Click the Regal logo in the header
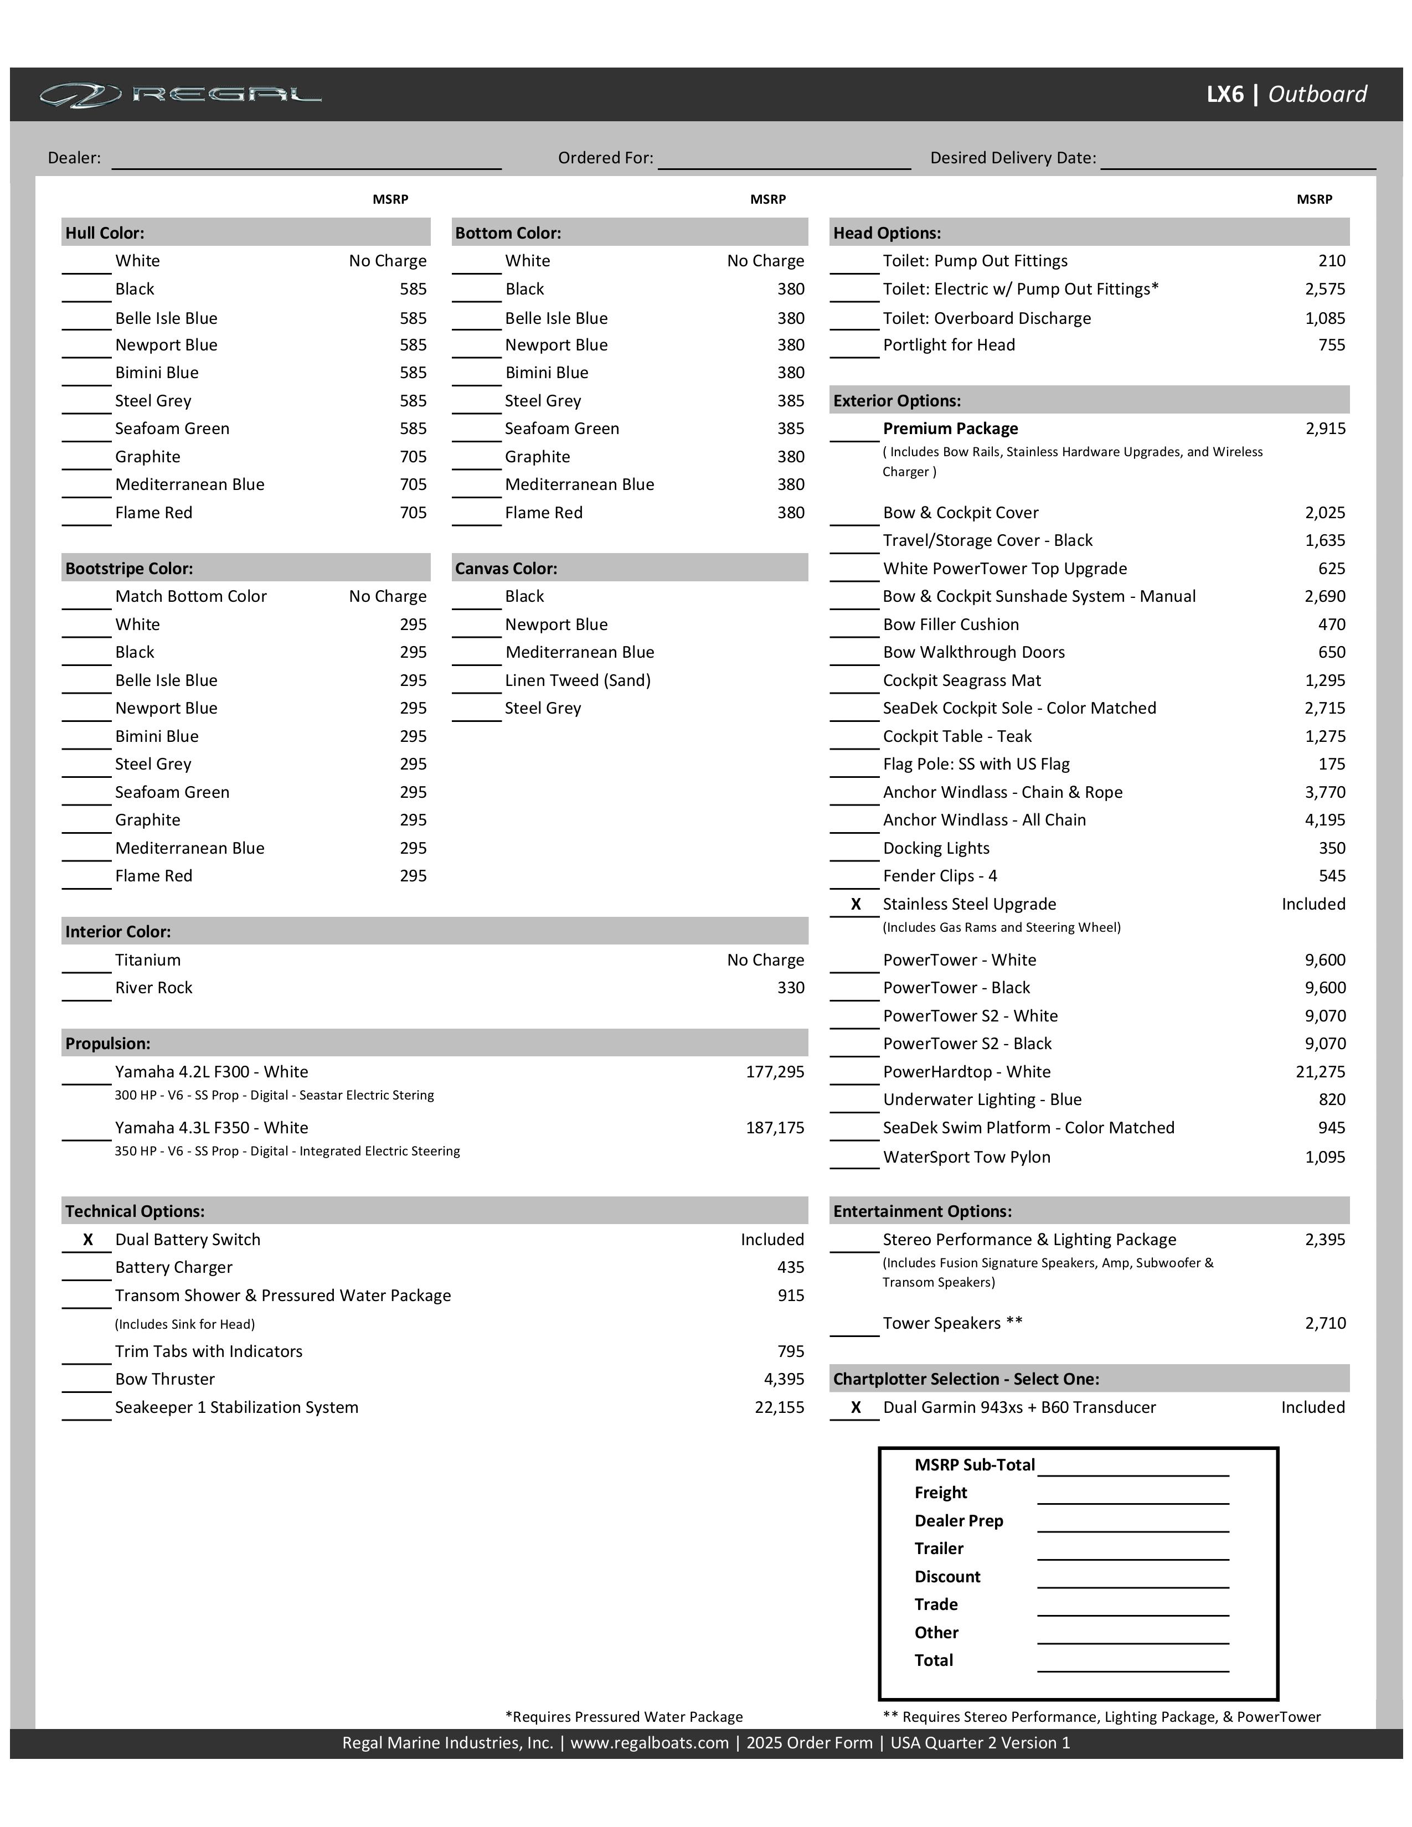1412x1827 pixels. tap(180, 95)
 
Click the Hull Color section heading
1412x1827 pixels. tap(105, 233)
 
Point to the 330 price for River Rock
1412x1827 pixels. tap(791, 988)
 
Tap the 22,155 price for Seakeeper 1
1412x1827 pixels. tap(779, 1408)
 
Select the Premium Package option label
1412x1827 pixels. tap(950, 429)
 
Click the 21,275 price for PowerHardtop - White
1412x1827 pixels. tap(1320, 1072)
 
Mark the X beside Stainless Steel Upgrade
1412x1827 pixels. tap(856, 904)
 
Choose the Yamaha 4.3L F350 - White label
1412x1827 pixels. tap(212, 1128)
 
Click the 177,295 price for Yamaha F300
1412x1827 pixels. tap(775, 1072)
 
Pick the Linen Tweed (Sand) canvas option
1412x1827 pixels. tap(577, 680)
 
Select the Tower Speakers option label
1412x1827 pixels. tap(952, 1323)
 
